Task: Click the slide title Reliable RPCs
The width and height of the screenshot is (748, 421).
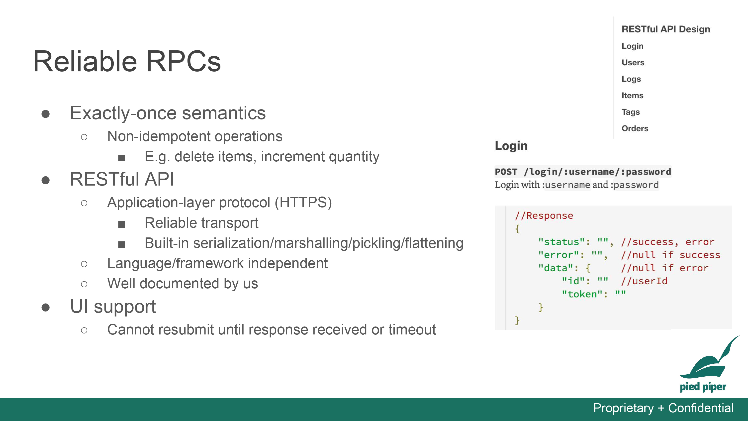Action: click(x=127, y=61)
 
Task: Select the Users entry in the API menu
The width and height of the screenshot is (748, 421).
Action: click(x=633, y=62)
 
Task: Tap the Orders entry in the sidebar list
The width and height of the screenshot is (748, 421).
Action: click(x=635, y=128)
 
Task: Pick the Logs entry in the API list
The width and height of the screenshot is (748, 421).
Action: click(x=631, y=79)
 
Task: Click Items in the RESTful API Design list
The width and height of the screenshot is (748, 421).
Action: click(x=632, y=96)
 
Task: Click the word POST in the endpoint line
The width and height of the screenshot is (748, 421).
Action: click(x=506, y=172)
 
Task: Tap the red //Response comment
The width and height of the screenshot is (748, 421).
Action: click(x=544, y=215)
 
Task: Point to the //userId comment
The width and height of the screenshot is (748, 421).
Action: click(x=644, y=281)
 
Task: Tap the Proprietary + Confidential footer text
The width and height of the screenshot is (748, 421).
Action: click(x=663, y=408)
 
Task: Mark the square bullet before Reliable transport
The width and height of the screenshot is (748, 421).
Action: click(x=122, y=224)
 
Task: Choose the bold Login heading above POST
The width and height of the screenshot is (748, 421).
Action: click(x=511, y=146)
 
